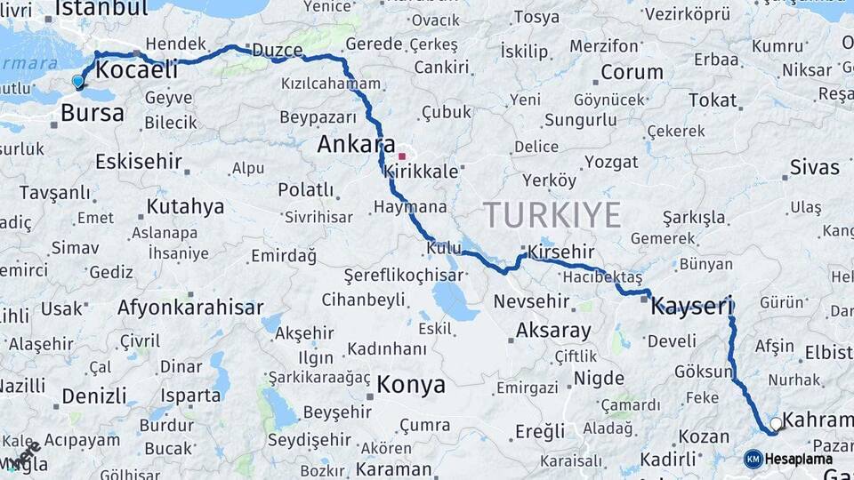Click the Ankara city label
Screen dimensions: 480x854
356,144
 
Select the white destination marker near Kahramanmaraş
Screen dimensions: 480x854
777,424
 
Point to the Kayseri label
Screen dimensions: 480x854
691,308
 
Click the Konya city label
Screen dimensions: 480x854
410,385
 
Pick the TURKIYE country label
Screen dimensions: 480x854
552,214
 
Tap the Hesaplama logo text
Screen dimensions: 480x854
798,460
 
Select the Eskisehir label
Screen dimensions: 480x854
139,162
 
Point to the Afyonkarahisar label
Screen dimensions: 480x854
190,308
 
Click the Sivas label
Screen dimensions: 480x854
814,167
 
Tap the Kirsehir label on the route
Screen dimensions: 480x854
560,252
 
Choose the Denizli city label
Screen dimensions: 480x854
94,396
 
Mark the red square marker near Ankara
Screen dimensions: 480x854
401,156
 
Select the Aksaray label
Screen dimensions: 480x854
553,331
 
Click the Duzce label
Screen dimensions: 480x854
278,50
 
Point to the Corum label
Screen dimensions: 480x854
632,72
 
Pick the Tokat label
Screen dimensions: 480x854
713,100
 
